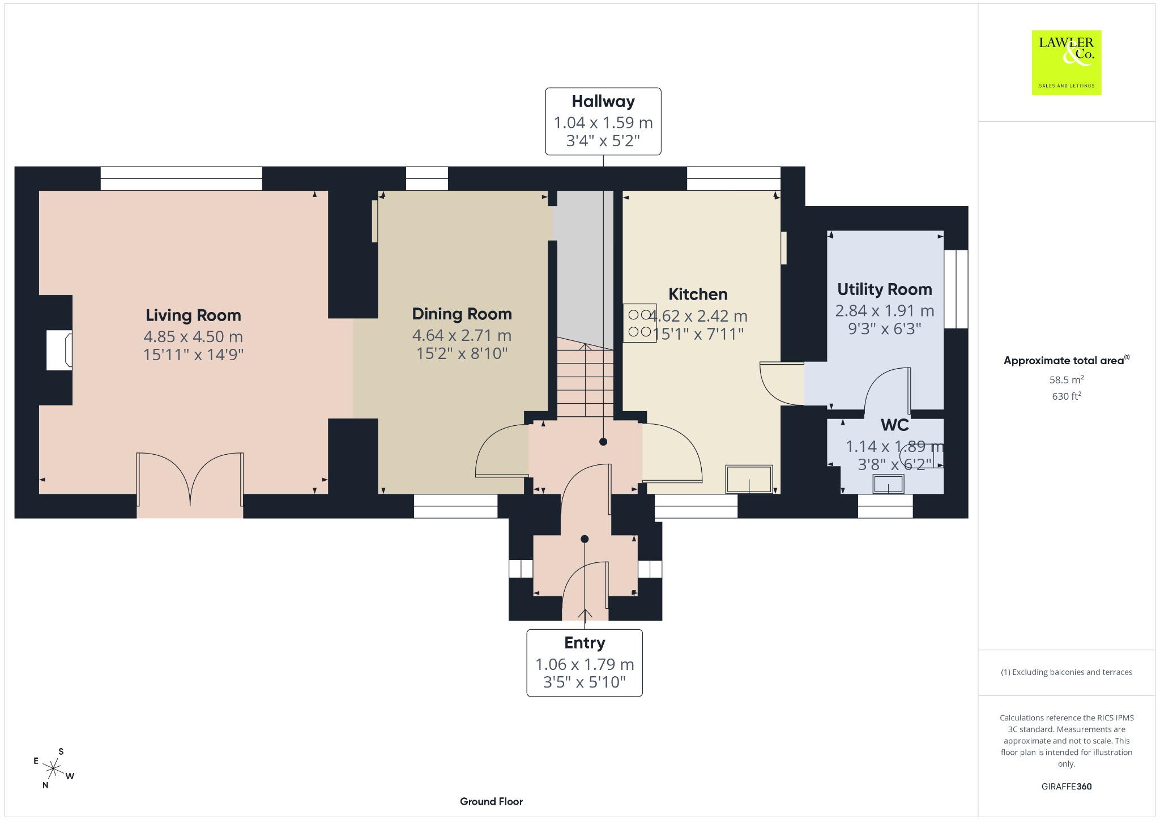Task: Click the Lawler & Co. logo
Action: (1066, 62)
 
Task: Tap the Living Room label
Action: (193, 315)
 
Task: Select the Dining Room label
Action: (462, 314)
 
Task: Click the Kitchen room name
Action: (698, 294)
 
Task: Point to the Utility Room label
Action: (884, 289)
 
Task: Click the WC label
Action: (895, 425)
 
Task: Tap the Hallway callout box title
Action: (603, 101)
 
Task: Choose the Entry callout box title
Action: (585, 643)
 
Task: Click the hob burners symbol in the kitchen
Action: (639, 323)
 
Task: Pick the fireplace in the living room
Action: (59, 351)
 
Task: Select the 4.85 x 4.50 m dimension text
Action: (193, 336)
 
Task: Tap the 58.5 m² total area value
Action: (1067, 379)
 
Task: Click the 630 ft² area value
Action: (1067, 396)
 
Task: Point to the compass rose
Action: (54, 768)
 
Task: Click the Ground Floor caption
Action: (491, 801)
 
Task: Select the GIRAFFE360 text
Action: (1067, 786)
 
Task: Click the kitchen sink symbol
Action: (749, 479)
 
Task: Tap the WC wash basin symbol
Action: (888, 484)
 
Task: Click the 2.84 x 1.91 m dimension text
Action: (884, 311)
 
